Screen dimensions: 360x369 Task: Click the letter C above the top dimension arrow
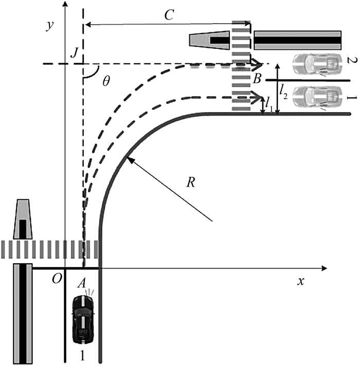169,15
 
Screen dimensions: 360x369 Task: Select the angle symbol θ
106,81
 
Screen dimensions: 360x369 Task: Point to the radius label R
191,182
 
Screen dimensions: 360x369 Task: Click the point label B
257,79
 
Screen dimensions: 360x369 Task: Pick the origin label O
57,279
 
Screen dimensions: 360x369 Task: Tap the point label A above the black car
82,283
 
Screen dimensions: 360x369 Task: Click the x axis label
301,282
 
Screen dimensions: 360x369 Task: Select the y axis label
50,25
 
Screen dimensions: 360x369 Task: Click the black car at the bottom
83,319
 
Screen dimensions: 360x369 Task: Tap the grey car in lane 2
317,64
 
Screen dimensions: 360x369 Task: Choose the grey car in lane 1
317,97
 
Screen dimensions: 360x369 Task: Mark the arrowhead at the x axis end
324,268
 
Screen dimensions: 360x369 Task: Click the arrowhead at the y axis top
65,4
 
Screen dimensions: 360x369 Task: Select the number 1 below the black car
82,356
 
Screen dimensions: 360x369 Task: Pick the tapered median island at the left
23,219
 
